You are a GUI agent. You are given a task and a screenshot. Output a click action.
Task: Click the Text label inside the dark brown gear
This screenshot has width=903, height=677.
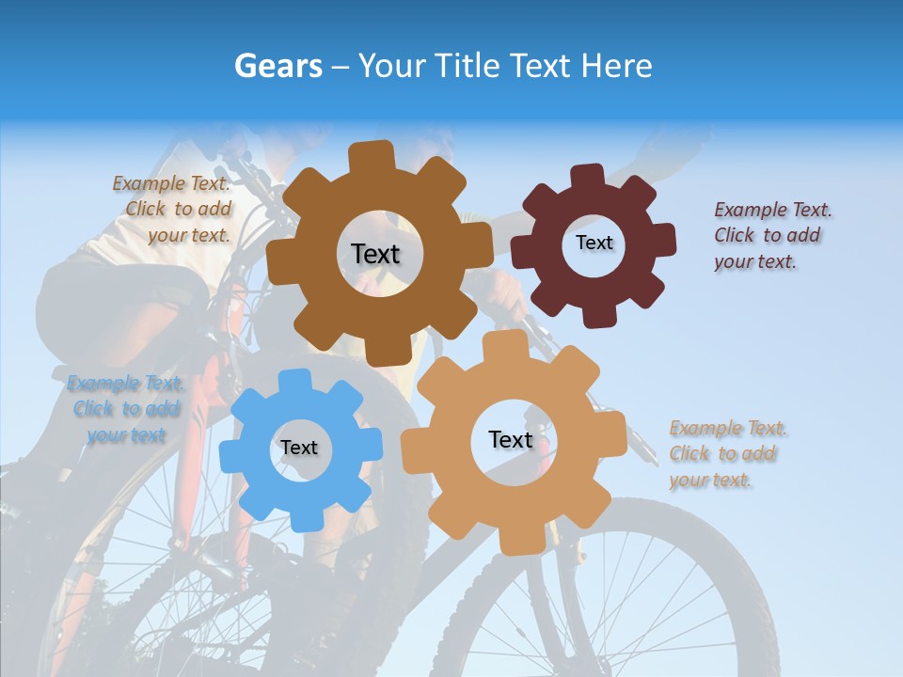point(375,254)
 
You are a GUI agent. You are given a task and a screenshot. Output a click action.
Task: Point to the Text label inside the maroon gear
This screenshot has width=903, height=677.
point(594,243)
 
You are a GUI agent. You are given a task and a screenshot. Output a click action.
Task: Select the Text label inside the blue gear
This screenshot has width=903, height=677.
point(299,448)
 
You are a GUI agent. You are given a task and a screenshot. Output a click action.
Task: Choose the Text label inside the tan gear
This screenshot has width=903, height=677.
point(511,439)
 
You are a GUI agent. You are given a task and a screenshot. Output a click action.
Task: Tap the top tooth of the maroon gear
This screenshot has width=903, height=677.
point(588,176)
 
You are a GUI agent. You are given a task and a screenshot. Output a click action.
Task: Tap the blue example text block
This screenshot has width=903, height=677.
point(126,409)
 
